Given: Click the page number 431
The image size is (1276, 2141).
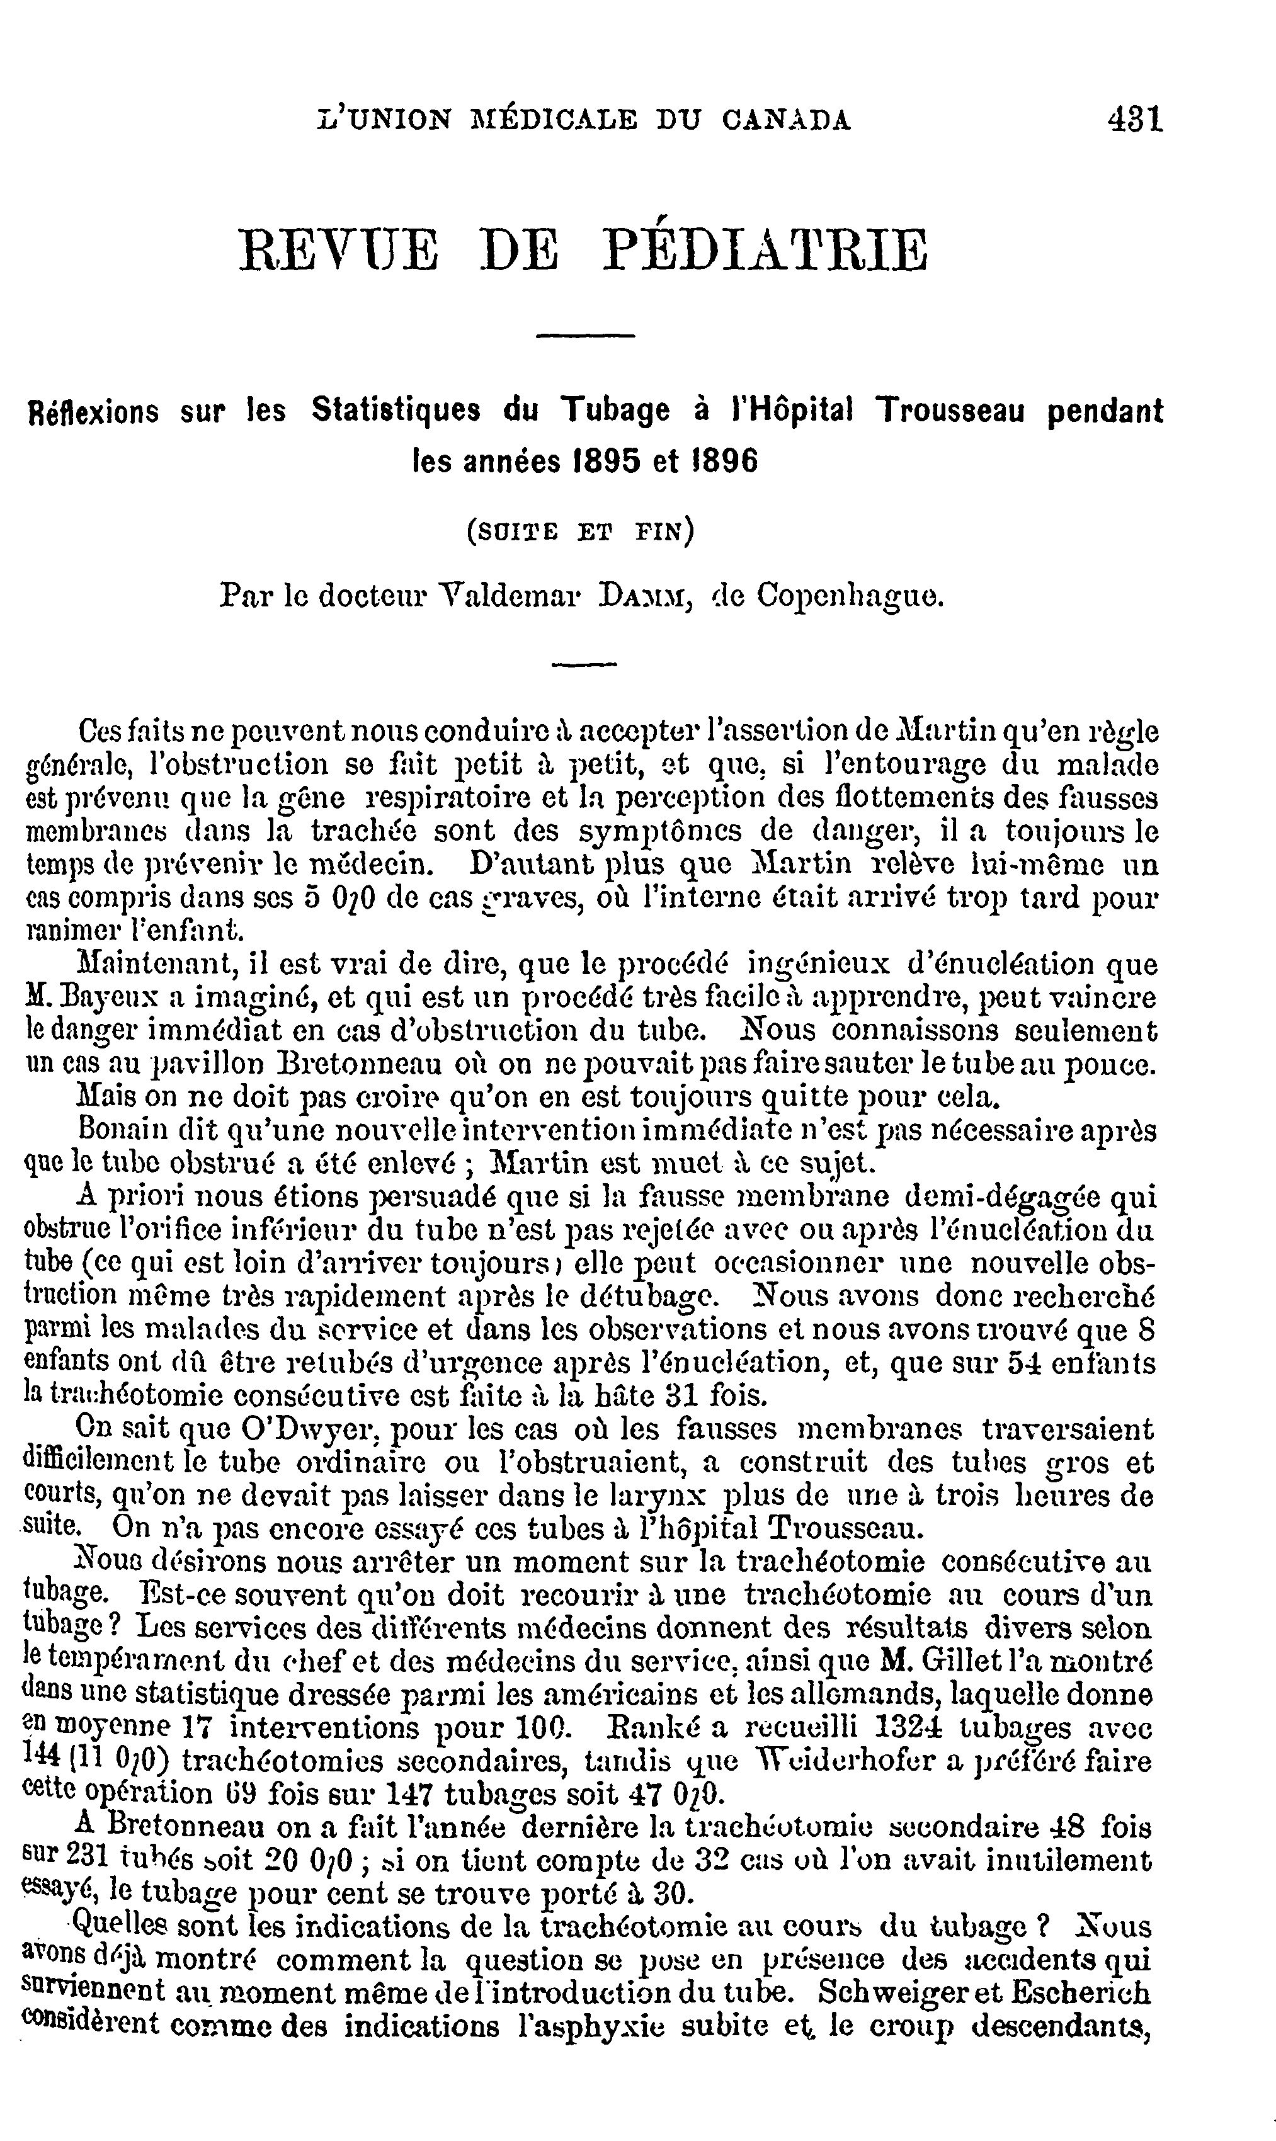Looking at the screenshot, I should [x=1135, y=118].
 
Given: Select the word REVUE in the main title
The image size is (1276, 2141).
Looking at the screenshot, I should [x=339, y=249].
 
